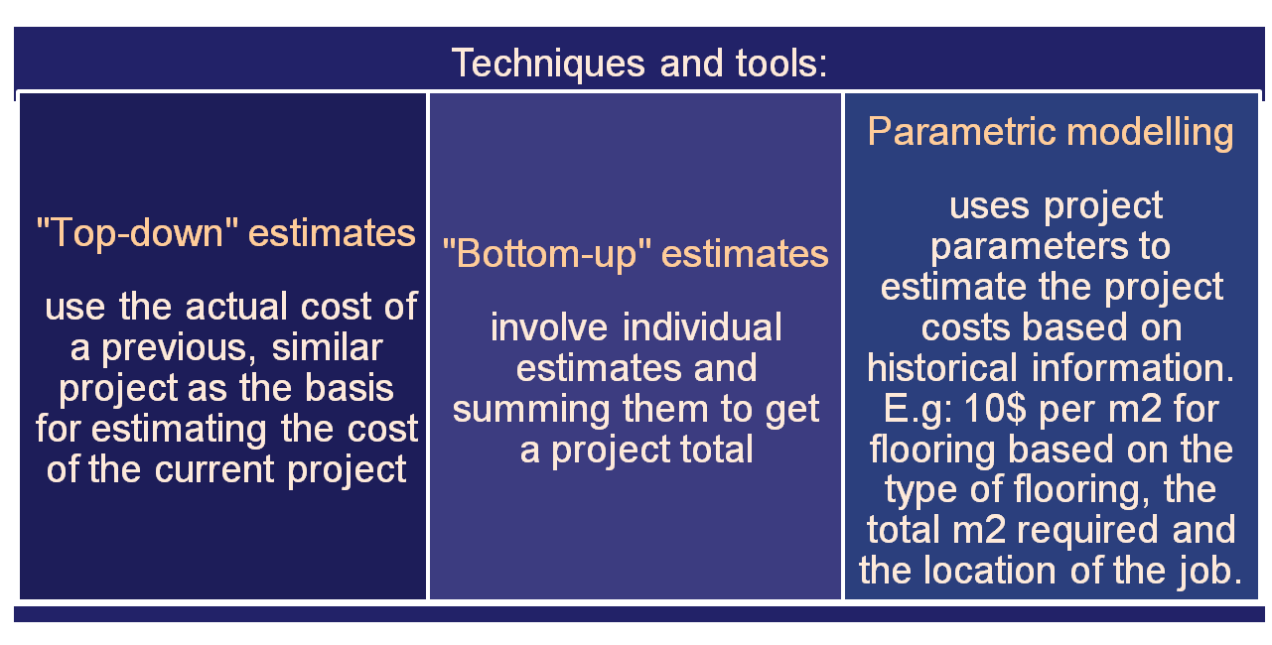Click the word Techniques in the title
pos(548,64)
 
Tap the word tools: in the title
pos(781,63)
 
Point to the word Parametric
pos(961,132)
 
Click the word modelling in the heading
pos(1150,133)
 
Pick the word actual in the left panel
pos(236,307)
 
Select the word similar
pos(327,347)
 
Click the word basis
pos(350,388)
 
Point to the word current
pos(214,469)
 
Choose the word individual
pos(702,327)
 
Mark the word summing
pos(531,410)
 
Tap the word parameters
pos(1030,247)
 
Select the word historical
pos(942,367)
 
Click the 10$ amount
pos(995,409)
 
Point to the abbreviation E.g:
pos(918,410)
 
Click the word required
pos(1087,531)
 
